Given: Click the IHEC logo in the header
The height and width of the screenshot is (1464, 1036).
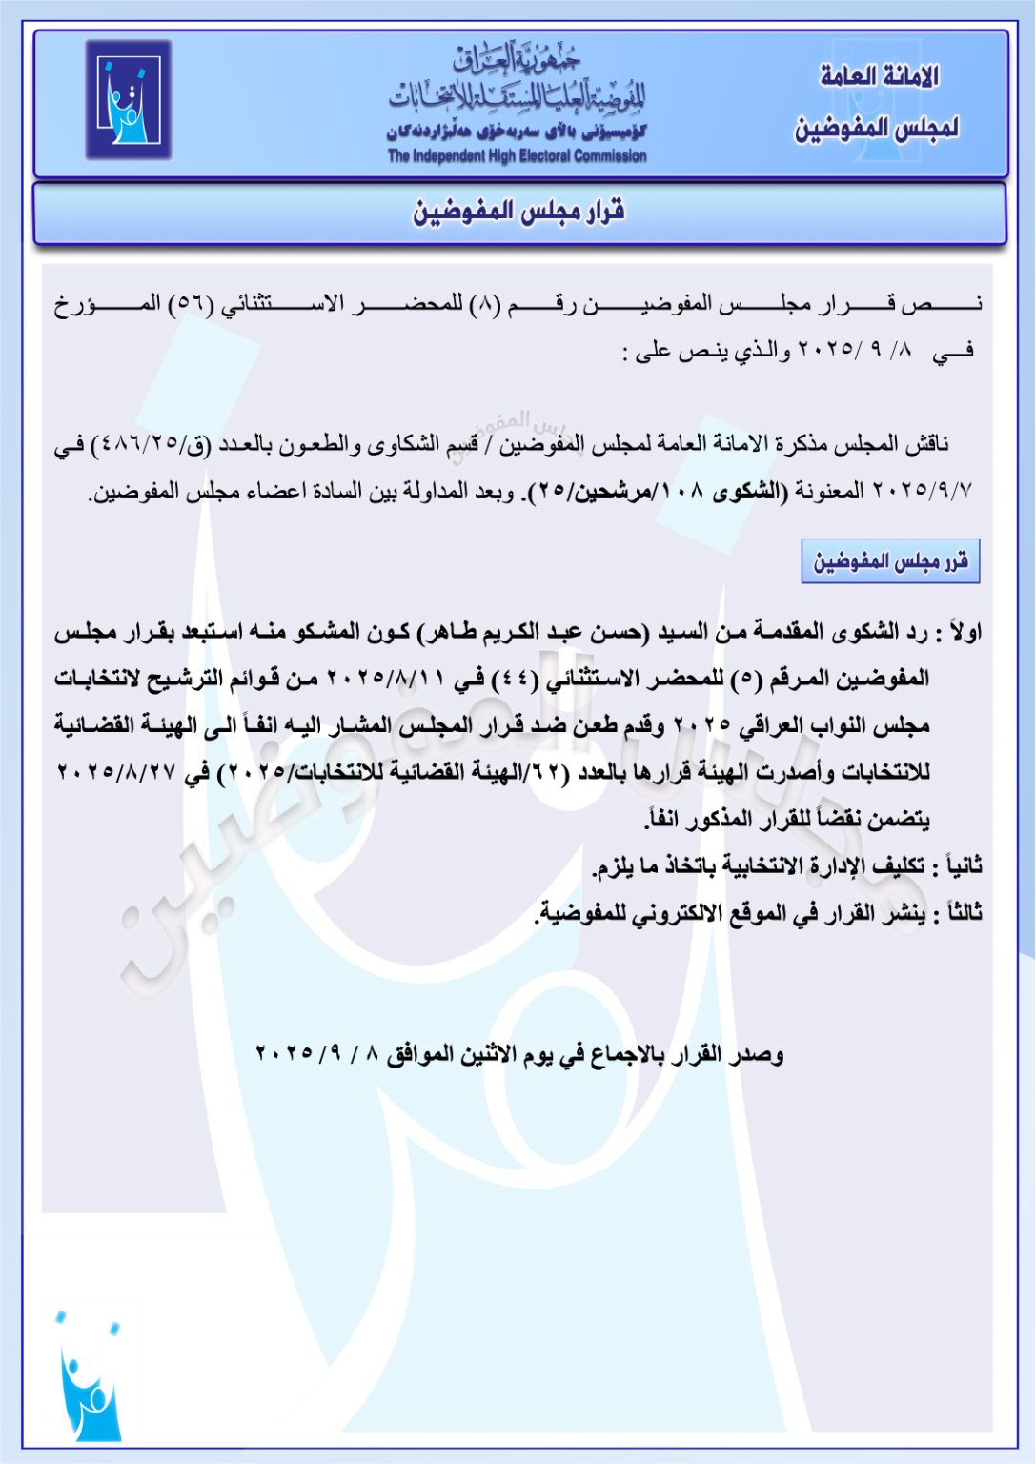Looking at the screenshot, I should (128, 99).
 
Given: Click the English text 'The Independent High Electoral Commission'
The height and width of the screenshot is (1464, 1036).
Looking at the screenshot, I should (517, 156).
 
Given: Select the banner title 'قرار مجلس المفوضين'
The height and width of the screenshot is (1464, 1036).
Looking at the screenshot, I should (518, 212).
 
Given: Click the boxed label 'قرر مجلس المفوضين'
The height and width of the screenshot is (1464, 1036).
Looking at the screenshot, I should (890, 561).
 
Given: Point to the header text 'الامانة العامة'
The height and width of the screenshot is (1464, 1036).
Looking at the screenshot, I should (879, 76).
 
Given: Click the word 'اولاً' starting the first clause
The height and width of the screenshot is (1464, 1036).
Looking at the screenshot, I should (960, 632).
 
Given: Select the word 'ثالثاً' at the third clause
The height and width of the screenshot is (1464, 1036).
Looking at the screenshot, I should (959, 913).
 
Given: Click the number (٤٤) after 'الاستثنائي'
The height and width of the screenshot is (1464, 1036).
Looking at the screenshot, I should (515, 680).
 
